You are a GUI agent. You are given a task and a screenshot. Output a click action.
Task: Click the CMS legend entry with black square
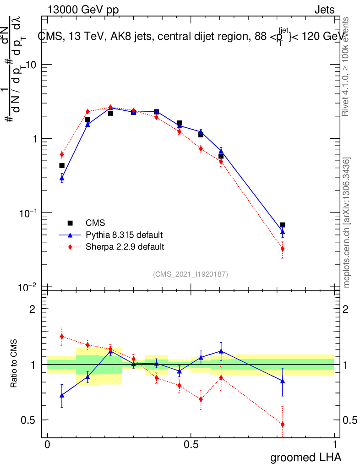click(x=95, y=223)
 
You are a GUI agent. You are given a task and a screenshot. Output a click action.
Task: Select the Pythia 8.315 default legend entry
click(x=124, y=235)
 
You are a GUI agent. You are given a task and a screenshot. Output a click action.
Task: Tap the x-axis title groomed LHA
click(x=305, y=458)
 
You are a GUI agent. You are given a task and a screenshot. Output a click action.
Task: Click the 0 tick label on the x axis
click(x=48, y=445)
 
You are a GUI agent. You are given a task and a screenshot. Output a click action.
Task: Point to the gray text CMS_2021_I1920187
click(x=191, y=274)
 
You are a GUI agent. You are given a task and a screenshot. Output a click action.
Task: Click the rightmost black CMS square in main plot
click(x=283, y=225)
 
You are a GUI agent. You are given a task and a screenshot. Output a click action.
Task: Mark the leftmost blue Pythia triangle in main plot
click(x=62, y=178)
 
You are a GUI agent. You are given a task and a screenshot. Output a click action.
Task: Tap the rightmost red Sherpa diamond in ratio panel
click(x=283, y=425)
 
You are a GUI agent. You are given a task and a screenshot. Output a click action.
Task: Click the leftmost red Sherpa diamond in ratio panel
click(x=62, y=336)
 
